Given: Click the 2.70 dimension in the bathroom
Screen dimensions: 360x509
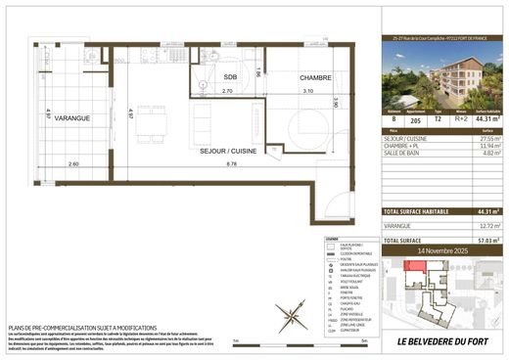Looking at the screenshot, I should (227, 90).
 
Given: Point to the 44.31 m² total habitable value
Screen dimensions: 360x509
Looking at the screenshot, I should (484, 210).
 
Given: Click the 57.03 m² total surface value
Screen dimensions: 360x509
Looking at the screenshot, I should (484, 240).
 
